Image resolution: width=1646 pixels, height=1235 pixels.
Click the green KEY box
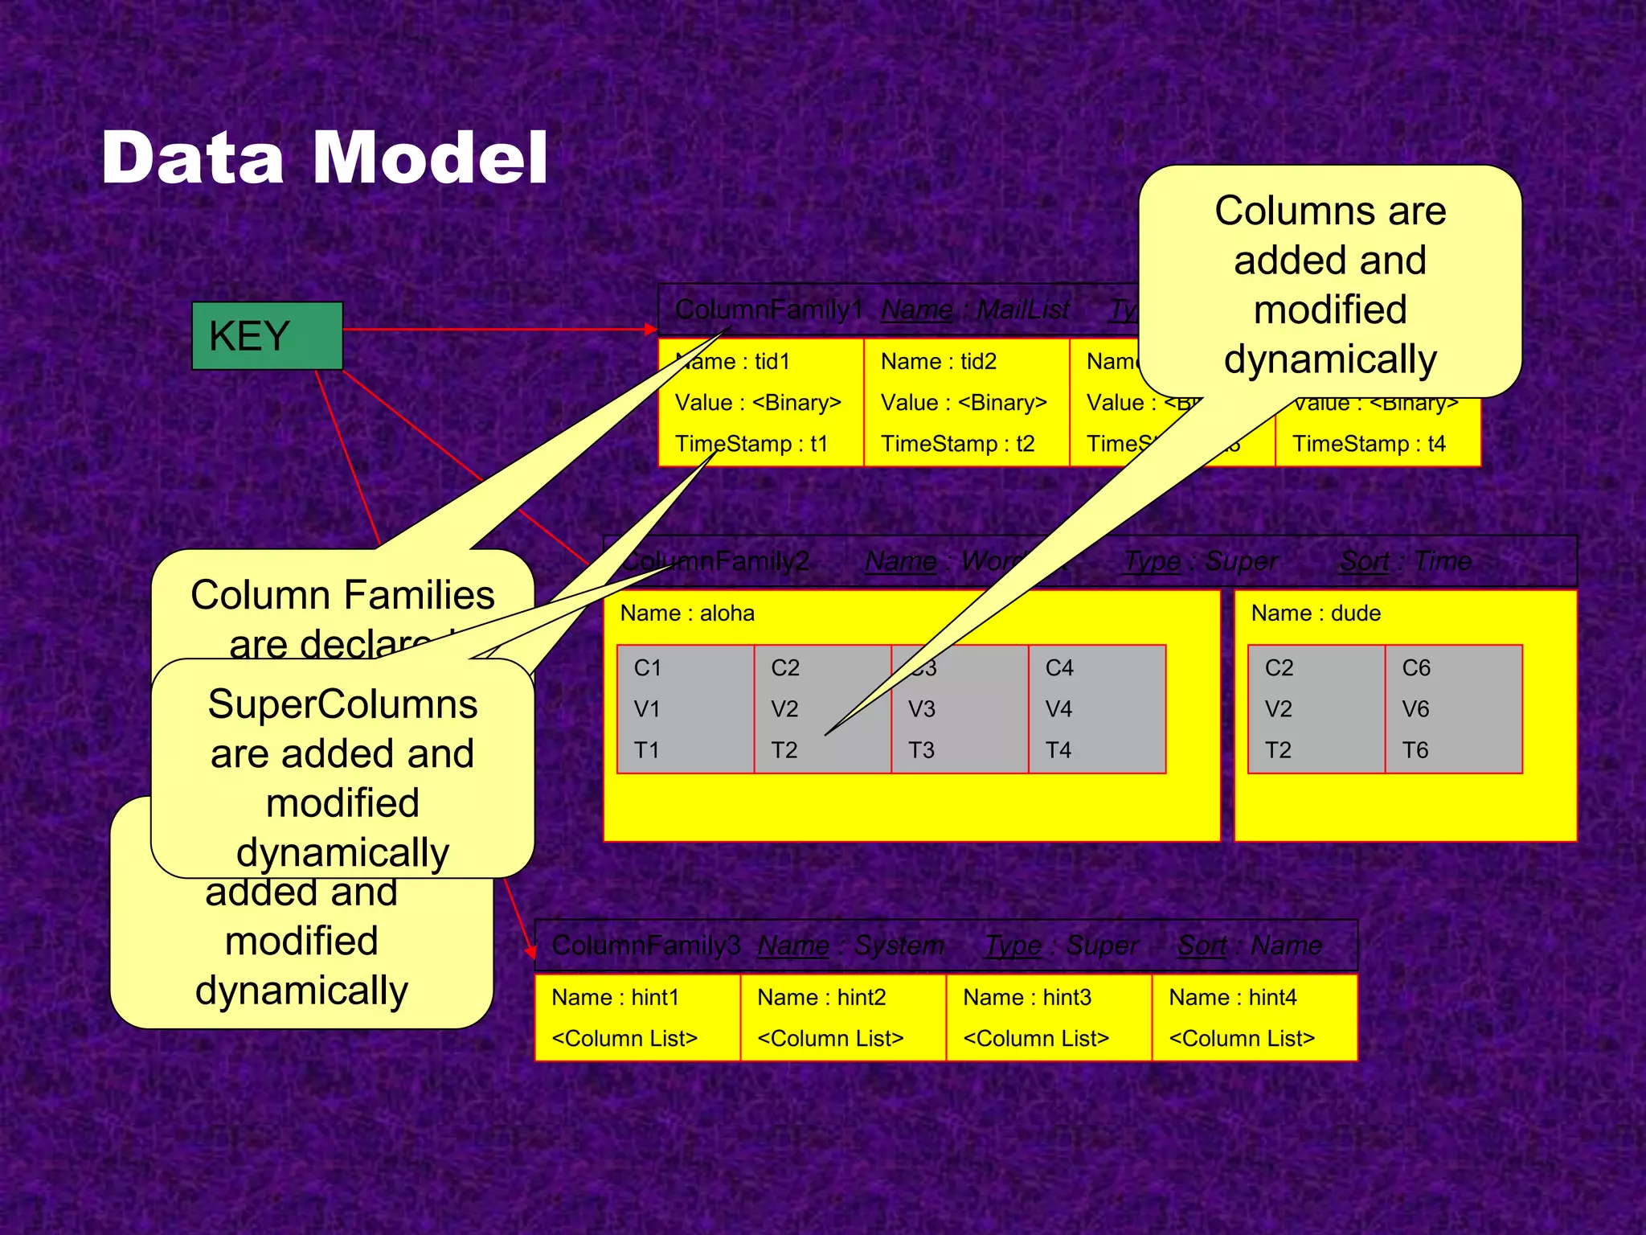tap(267, 336)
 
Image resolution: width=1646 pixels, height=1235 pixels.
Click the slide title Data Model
tap(325, 158)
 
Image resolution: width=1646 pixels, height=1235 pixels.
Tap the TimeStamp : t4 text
tap(1369, 444)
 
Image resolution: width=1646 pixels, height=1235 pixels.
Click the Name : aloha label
tap(687, 613)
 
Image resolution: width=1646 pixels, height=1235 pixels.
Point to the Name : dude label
tap(1316, 613)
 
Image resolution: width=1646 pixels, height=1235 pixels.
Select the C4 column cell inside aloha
tap(1096, 708)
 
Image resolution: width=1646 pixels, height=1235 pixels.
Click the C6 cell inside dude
tap(1453, 708)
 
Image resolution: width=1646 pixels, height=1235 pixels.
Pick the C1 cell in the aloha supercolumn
tap(685, 708)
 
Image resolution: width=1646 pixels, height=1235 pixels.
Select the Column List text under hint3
tap(1036, 1039)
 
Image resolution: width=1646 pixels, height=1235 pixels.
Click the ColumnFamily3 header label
tap(645, 946)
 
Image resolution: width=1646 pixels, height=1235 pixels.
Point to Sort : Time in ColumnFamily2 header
tap(1406, 561)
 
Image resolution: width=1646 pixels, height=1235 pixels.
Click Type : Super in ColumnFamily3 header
tap(1062, 946)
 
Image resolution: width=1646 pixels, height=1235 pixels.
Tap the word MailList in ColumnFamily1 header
tap(1022, 310)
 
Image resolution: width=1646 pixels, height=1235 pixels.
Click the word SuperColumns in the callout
tap(342, 704)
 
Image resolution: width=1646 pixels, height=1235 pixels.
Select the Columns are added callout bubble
tap(1330, 281)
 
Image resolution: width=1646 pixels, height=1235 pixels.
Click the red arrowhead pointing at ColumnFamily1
tap(651, 329)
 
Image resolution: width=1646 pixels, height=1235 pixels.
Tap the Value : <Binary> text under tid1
tap(758, 403)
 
